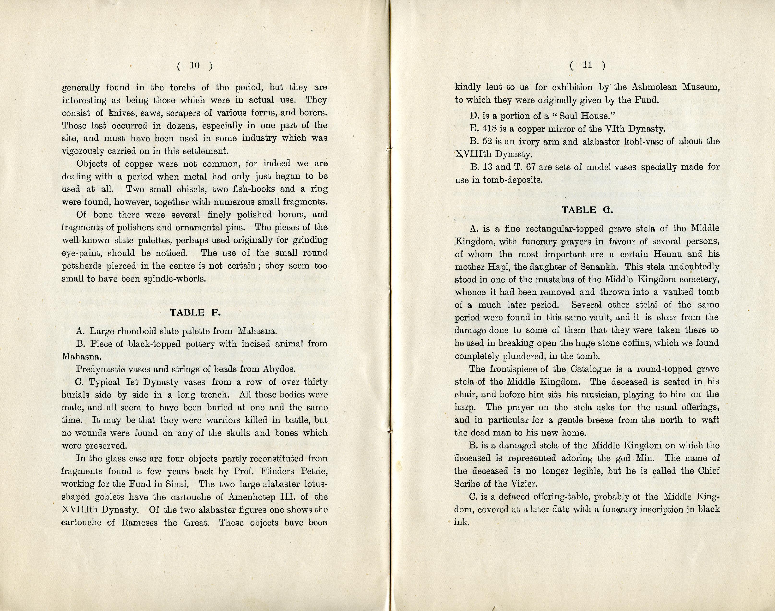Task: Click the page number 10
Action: (195, 66)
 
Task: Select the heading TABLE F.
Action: (195, 313)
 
